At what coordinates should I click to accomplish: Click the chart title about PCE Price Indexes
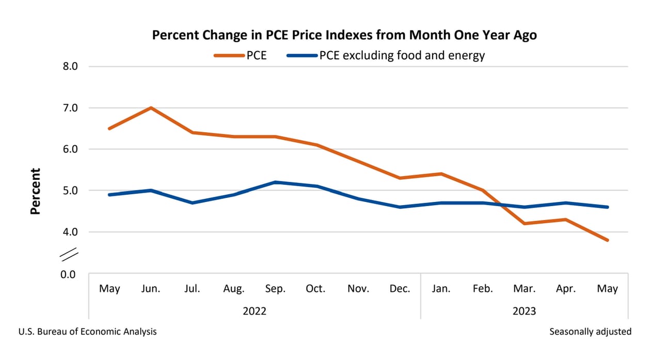pos(344,35)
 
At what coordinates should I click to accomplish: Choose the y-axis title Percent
pos(35,191)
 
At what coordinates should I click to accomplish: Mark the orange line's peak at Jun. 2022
pos(151,108)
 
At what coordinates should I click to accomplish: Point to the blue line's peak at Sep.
pos(275,182)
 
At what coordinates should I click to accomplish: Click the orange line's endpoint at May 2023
pos(607,240)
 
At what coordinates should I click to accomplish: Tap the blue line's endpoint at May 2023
pos(607,207)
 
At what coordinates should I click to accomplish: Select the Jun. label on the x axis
pos(151,289)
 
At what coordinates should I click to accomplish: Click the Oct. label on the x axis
pos(316,289)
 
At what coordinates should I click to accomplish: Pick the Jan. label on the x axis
pos(441,289)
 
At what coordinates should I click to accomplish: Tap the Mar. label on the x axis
pos(524,289)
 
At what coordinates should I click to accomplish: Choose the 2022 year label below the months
pos(255,311)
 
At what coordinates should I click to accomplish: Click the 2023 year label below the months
pos(524,311)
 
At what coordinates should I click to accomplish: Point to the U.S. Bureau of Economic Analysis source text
pos(87,332)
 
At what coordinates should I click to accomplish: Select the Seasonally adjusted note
pos(590,332)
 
